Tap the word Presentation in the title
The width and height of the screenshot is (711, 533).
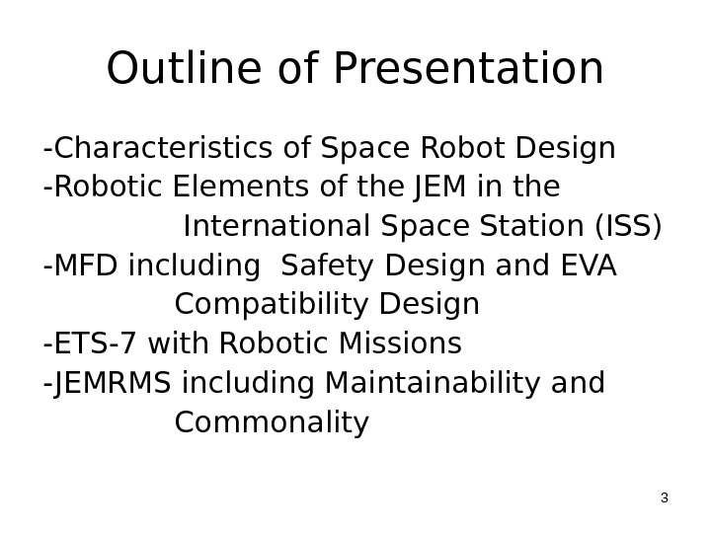click(x=469, y=69)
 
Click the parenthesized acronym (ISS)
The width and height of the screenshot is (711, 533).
click(x=627, y=226)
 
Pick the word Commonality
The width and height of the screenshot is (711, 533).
click(x=272, y=423)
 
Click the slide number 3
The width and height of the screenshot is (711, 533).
click(x=664, y=497)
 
